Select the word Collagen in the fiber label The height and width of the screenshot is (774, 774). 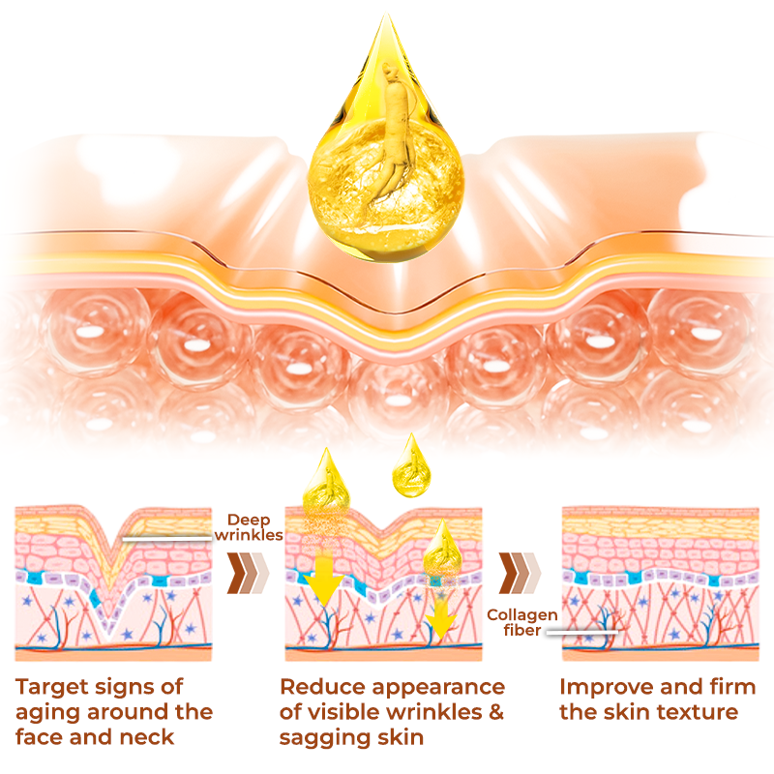pyautogui.click(x=522, y=614)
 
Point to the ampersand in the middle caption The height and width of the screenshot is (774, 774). pyautogui.click(x=494, y=713)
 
